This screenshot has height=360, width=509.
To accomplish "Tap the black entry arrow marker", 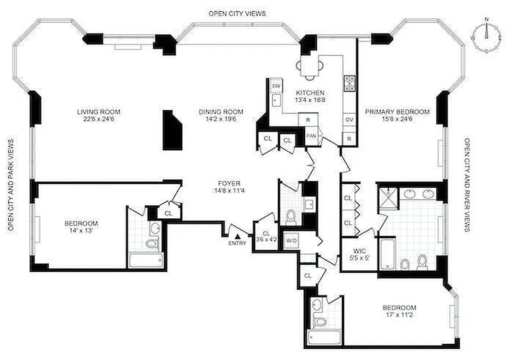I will pyautogui.click(x=238, y=235).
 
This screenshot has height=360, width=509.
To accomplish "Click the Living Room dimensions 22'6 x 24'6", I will pyautogui.click(x=99, y=119).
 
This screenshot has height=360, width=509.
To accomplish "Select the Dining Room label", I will pyautogui.click(x=221, y=112).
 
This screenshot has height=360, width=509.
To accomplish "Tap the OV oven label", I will pyautogui.click(x=349, y=120).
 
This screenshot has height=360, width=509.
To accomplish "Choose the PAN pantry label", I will pyautogui.click(x=311, y=135).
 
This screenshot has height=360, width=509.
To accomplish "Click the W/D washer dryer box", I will pyautogui.click(x=292, y=241).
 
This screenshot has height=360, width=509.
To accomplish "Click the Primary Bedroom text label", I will pyautogui.click(x=397, y=112).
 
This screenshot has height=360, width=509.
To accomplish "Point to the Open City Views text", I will pyautogui.click(x=237, y=13).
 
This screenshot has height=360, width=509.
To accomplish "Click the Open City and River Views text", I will pyautogui.click(x=467, y=184).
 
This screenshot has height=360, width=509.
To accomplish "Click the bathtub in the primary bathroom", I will pyautogui.click(x=387, y=255).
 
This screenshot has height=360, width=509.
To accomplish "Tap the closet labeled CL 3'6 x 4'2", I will pyautogui.click(x=266, y=236).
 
